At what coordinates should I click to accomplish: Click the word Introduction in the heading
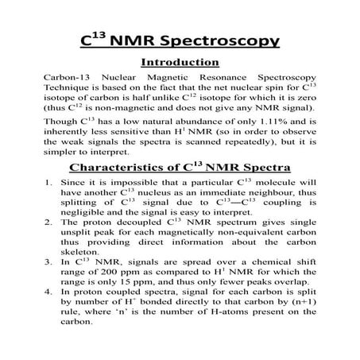(x=180, y=62)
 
